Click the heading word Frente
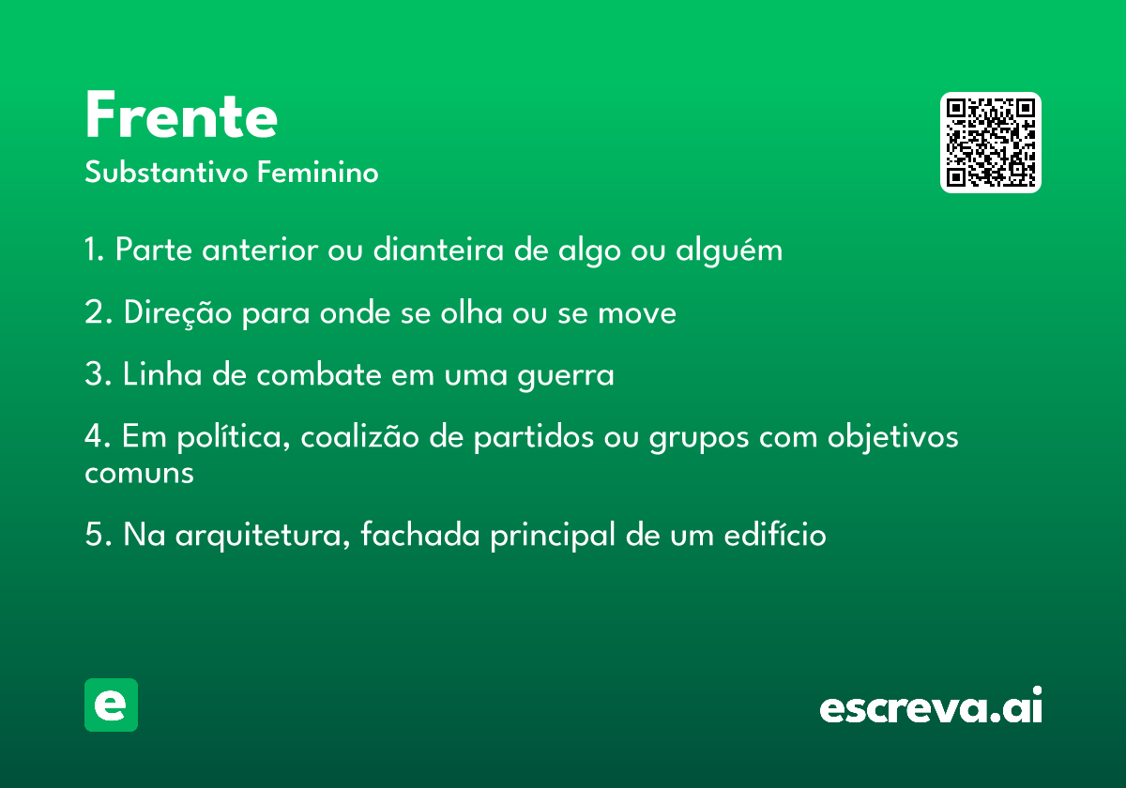pos(181,114)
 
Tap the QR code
pos(990,143)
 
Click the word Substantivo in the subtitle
pos(166,172)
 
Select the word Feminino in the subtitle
pos(317,172)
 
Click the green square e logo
pos(111,705)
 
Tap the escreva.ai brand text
pos(931,705)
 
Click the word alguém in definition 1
pos(729,250)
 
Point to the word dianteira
pos(438,249)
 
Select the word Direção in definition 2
pos(177,313)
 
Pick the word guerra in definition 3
pos(566,376)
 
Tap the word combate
pos(319,374)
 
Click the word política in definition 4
pos(234,437)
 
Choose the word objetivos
pos(892,437)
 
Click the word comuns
pos(139,474)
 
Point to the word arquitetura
pos(263,535)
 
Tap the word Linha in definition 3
pos(162,374)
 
